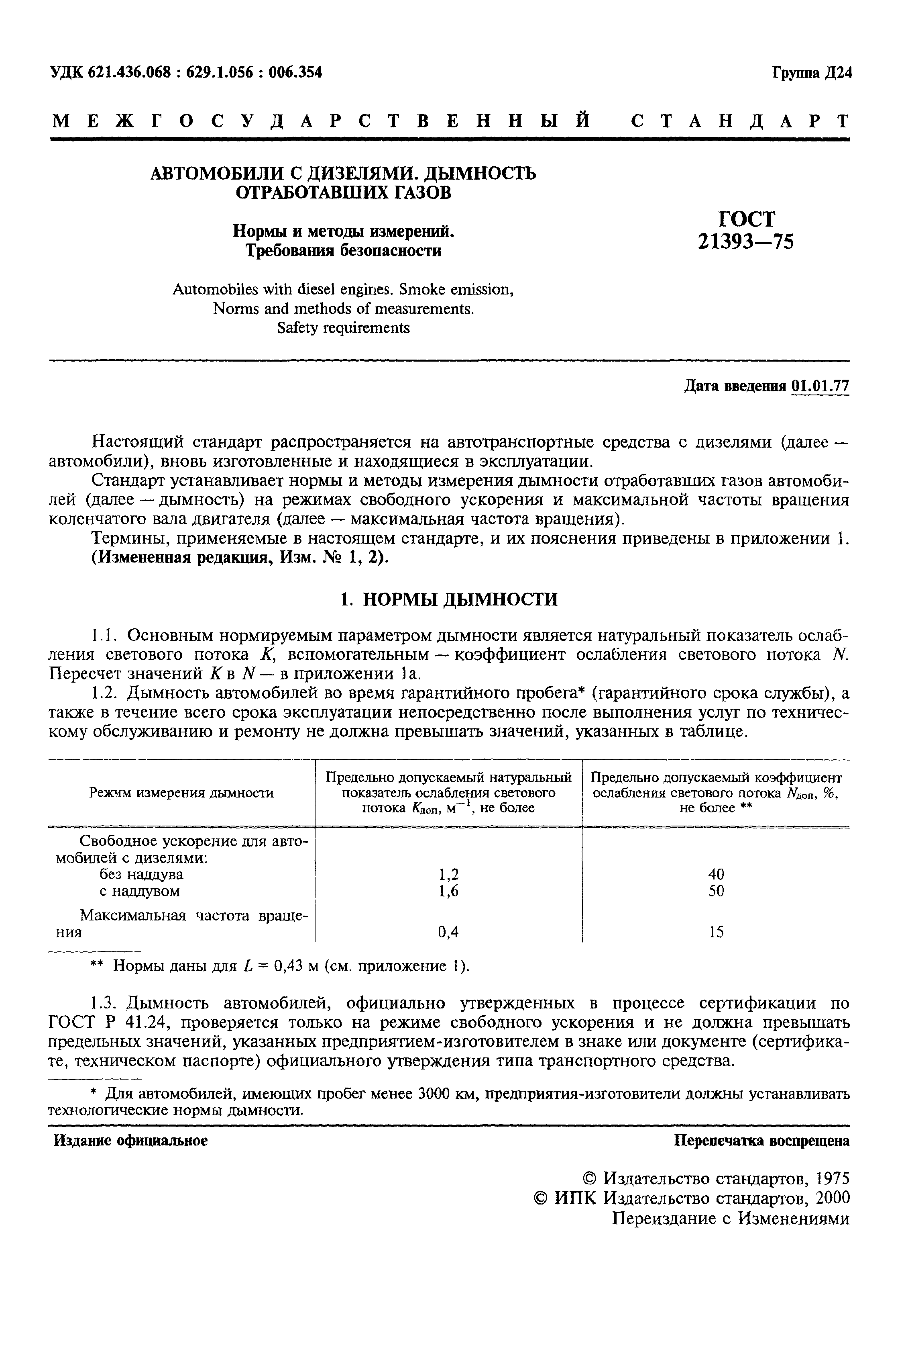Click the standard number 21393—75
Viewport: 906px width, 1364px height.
(746, 241)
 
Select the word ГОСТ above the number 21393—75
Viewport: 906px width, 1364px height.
(746, 219)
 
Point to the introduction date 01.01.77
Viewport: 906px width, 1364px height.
(820, 386)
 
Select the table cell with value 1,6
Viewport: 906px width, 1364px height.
(448, 891)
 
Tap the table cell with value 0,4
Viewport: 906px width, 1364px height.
(448, 932)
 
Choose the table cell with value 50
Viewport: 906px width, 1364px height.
(716, 891)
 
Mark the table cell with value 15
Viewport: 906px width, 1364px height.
(716, 932)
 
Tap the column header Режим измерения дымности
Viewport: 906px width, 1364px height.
(181, 793)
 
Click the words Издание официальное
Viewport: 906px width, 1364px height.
(130, 1140)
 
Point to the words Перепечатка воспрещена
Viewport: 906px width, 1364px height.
(762, 1140)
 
